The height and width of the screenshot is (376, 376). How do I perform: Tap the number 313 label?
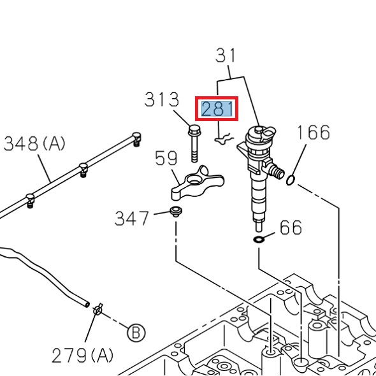point(162,100)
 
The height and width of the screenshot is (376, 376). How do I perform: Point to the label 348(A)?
point(34,144)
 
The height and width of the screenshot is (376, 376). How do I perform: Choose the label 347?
point(132,219)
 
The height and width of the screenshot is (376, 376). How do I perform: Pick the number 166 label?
point(314,133)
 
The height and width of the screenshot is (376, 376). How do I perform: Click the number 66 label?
point(291,228)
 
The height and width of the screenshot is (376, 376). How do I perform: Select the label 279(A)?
point(83,355)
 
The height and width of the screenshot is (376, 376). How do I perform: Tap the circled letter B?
point(135,331)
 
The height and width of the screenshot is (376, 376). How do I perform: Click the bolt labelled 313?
point(194,144)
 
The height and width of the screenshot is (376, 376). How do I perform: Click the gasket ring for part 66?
point(259,240)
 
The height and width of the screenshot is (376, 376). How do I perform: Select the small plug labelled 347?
point(175,211)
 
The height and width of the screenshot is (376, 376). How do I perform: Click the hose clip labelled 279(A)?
point(98,310)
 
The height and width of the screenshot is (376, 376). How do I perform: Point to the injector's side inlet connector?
point(275,171)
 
